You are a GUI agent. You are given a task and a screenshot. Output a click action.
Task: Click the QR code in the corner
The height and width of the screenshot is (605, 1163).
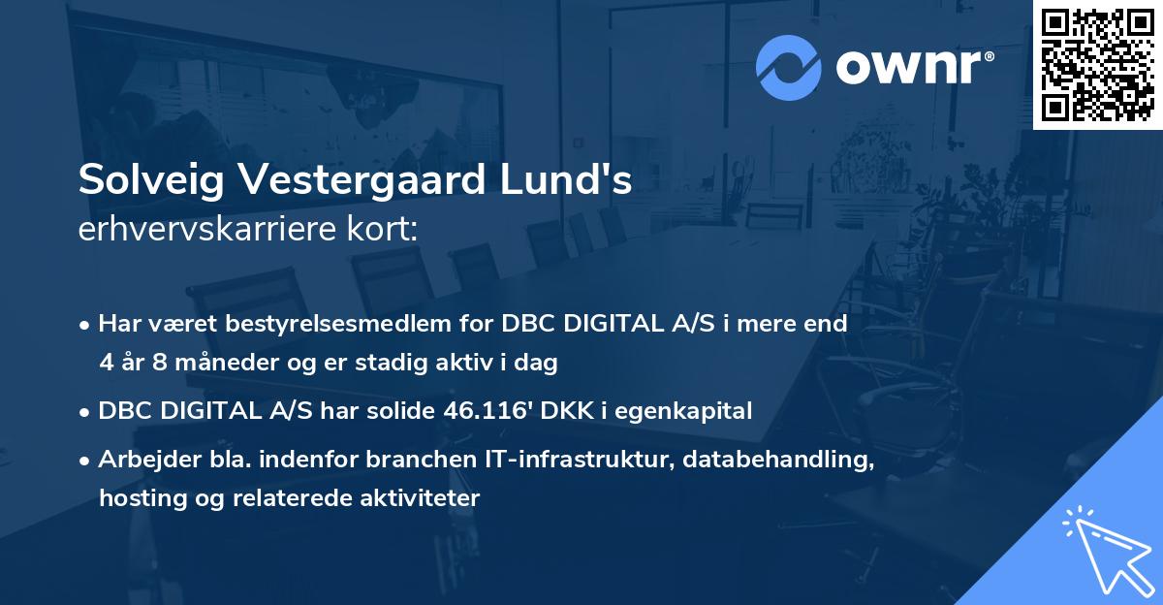pyautogui.click(x=1096, y=64)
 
